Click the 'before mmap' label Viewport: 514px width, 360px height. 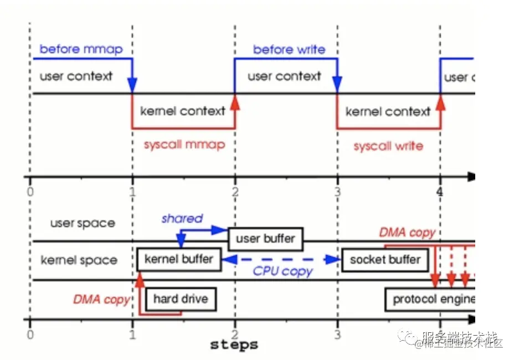pyautogui.click(x=81, y=49)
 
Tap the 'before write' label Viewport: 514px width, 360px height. pyautogui.click(x=289, y=49)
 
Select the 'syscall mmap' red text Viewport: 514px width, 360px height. pyautogui.click(x=184, y=145)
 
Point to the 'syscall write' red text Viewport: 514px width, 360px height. pyautogui.click(x=388, y=146)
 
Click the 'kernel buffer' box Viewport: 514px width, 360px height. pyautogui.click(x=178, y=259)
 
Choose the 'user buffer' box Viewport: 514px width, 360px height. pyautogui.click(x=265, y=239)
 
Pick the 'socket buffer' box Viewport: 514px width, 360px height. pyautogui.click(x=385, y=259)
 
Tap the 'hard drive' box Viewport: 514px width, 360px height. pyautogui.click(x=181, y=300)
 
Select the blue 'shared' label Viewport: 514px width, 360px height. pyautogui.click(x=182, y=219)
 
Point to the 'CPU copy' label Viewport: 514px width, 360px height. pyautogui.click(x=282, y=271)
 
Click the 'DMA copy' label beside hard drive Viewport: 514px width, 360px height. pyautogui.click(x=101, y=300)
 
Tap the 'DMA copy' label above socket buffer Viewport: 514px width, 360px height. pyautogui.click(x=407, y=233)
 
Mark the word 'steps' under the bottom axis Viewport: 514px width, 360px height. pyautogui.click(x=234, y=344)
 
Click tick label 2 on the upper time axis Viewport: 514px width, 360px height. pyautogui.click(x=235, y=192)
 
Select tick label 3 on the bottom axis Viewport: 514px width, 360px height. pyautogui.click(x=337, y=334)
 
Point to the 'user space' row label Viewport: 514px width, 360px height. pyautogui.click(x=83, y=224)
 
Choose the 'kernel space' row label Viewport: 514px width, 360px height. pyautogui.click(x=79, y=260)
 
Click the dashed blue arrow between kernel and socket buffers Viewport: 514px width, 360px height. pyautogui.click(x=282, y=259)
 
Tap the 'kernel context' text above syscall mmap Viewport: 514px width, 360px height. pyautogui.click(x=183, y=111)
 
